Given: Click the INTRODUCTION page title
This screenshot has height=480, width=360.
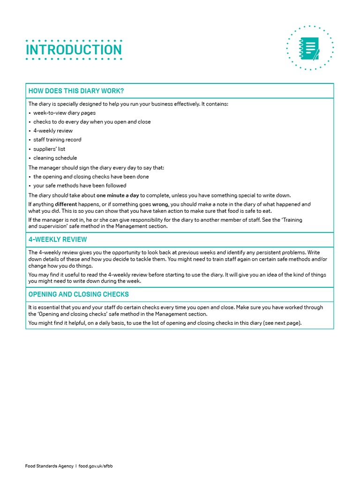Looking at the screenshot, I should (x=74, y=50).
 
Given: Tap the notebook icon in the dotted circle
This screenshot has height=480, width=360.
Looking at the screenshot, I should (x=309, y=48).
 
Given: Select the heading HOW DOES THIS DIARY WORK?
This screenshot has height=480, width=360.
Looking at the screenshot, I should (x=76, y=91).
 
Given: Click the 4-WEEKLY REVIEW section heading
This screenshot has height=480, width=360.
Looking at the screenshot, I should (x=58, y=240).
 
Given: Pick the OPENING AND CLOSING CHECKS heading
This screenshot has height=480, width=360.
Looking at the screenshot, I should (x=78, y=294).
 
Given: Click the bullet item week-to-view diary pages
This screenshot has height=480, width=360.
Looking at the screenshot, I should (x=64, y=113).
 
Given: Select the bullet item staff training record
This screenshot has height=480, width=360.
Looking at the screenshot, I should (x=57, y=140).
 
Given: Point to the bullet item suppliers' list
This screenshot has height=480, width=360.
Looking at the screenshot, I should (x=49, y=149).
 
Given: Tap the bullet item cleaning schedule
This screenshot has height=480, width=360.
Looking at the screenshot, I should (x=55, y=158).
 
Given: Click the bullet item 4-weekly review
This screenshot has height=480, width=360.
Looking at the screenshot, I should (x=53, y=131).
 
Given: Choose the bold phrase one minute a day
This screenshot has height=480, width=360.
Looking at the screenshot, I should (x=118, y=195).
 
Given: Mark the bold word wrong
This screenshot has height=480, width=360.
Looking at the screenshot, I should (x=160, y=204).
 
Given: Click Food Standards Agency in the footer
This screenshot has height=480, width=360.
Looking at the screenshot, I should (x=49, y=466).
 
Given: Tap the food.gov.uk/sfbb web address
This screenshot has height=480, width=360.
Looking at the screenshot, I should (x=96, y=466).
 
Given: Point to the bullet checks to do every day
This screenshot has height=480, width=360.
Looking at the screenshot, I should (x=92, y=122).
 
